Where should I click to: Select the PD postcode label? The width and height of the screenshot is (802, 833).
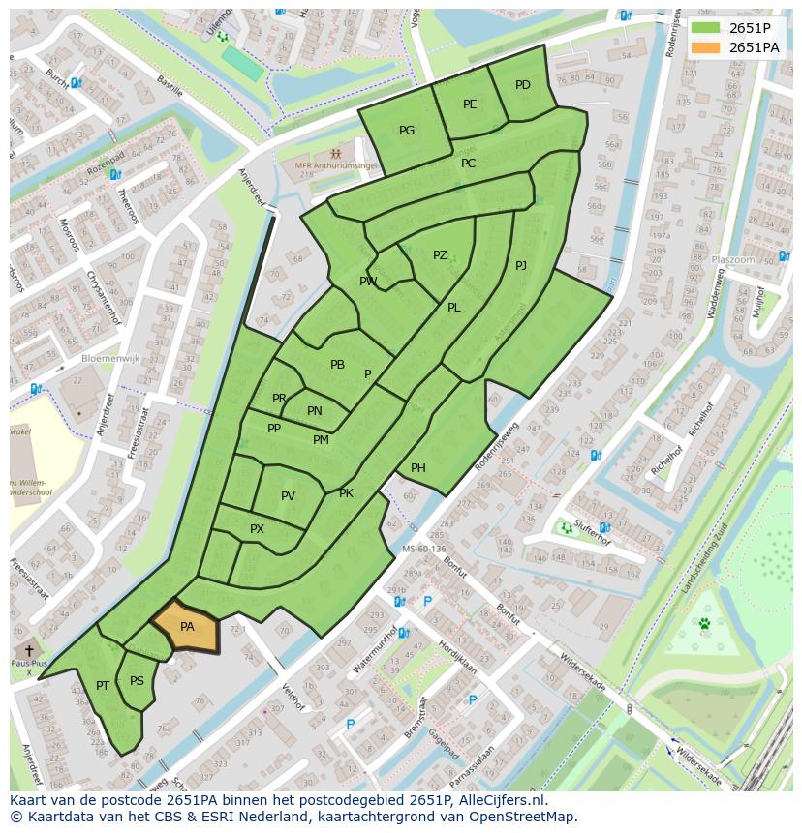point(523,85)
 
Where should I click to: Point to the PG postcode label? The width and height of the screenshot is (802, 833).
point(407,131)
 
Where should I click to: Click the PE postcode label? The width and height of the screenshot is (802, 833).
point(470,104)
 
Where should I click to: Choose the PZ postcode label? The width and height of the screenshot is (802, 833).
point(440,255)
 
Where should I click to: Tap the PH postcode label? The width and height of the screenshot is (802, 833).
point(418,468)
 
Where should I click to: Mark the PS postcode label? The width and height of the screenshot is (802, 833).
point(137,681)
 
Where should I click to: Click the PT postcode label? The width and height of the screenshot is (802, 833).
point(103,686)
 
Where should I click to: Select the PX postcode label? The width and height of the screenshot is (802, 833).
point(257,529)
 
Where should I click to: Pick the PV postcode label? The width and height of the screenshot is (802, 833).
point(288,496)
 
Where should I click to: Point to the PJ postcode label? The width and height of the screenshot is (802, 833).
point(521,265)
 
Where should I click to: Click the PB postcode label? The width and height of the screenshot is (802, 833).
point(337,365)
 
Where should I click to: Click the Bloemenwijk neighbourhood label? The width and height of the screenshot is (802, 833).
point(111,357)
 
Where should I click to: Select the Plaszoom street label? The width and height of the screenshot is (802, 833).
point(732,260)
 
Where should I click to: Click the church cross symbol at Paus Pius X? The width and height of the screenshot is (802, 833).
point(29,650)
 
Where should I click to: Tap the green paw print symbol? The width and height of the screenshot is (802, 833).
point(704,624)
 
